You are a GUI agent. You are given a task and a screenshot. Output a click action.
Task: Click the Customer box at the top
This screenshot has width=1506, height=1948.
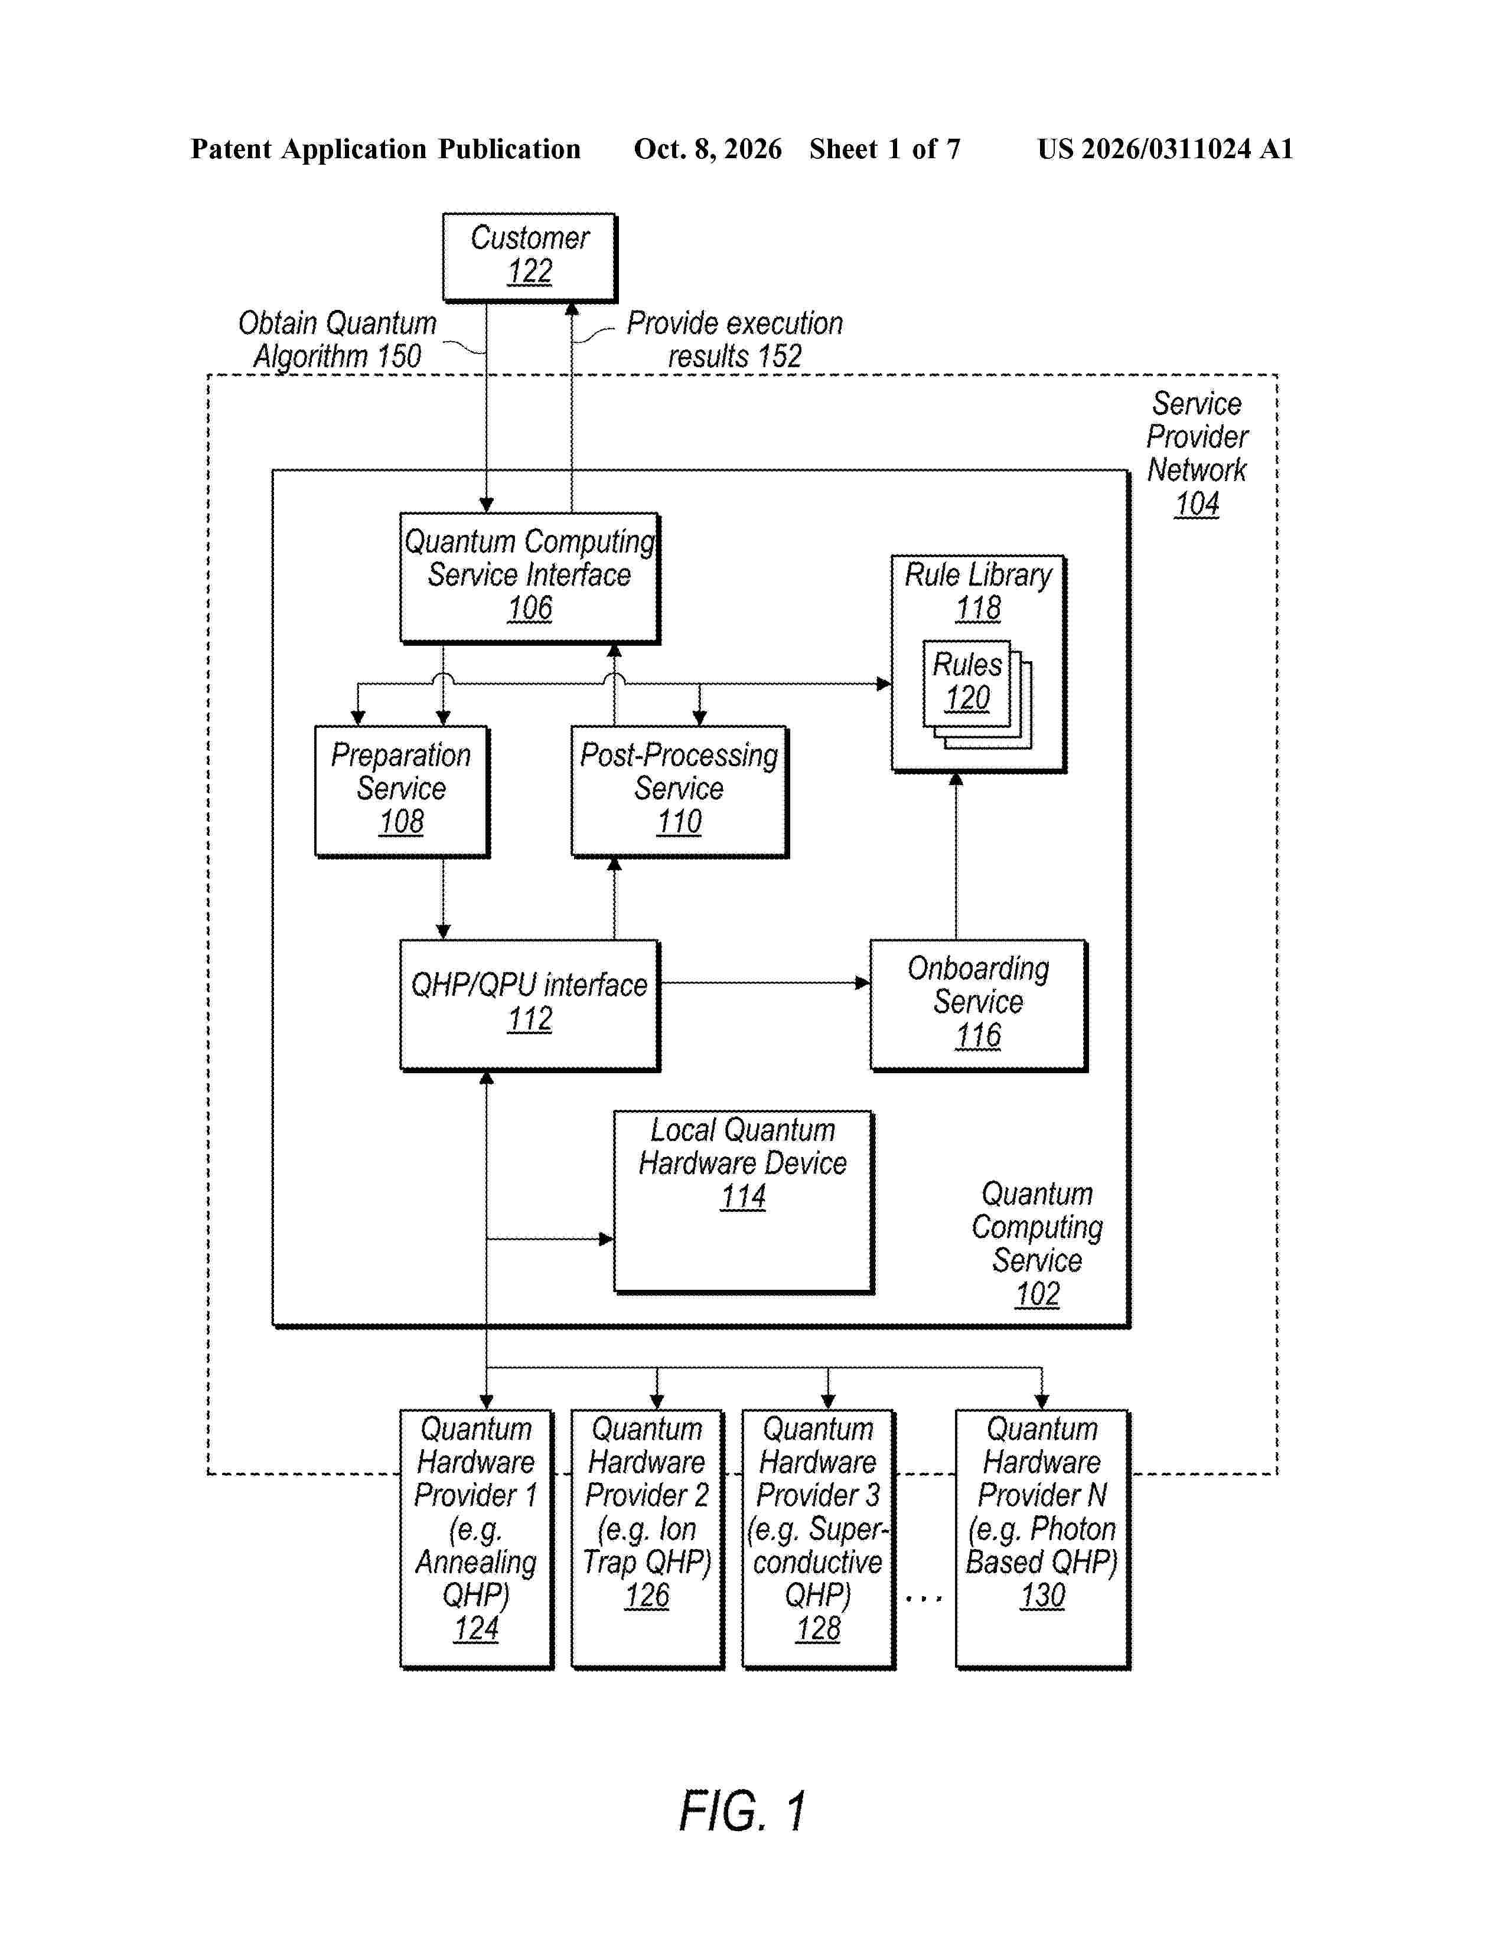pyautogui.click(x=530, y=257)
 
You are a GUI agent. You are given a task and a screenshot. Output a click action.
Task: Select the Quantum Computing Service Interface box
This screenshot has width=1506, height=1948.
pyautogui.click(x=530, y=577)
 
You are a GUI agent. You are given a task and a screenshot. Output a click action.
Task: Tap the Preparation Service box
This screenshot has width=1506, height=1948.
pyautogui.click(x=402, y=791)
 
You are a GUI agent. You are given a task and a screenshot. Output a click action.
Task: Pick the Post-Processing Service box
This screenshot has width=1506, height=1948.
pyautogui.click(x=680, y=791)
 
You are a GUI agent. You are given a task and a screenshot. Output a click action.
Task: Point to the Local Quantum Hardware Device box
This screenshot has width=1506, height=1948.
pyautogui.click(x=743, y=1201)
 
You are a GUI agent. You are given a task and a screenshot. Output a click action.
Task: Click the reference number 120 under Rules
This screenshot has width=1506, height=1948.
pyautogui.click(x=967, y=698)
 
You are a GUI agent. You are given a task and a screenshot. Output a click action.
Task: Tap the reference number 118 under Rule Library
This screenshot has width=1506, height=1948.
pyautogui.click(x=978, y=608)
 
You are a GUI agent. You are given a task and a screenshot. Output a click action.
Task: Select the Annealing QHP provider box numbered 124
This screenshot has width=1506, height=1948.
pyautogui.click(x=477, y=1538)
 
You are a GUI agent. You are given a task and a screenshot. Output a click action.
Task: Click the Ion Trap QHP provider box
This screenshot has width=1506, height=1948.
pyautogui.click(x=647, y=1538)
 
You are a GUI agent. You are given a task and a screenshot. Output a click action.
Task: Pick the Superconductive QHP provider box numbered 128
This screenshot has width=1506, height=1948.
pyautogui.click(x=818, y=1538)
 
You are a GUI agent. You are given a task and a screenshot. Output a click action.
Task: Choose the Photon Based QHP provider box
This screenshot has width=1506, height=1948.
pyautogui.click(x=1042, y=1538)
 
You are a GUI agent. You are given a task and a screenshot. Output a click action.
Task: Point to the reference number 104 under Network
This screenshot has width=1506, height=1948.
pyautogui.click(x=1197, y=504)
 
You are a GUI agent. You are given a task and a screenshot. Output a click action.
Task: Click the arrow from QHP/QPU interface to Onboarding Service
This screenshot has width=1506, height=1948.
pyautogui.click(x=765, y=983)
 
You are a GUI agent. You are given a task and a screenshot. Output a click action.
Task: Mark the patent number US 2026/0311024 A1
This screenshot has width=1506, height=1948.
pyautogui.click(x=1165, y=149)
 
